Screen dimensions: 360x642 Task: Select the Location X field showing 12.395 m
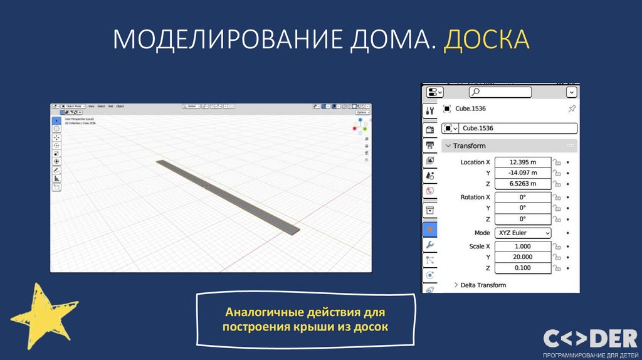click(523, 162)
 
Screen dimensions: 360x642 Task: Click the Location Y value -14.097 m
click(523, 173)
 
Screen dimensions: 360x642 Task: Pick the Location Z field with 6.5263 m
click(523, 184)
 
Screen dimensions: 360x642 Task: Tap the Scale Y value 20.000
click(523, 257)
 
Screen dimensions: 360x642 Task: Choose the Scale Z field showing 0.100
click(523, 268)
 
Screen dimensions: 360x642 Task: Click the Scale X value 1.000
click(523, 246)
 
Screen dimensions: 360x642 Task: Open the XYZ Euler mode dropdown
click(523, 233)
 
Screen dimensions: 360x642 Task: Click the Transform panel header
click(470, 146)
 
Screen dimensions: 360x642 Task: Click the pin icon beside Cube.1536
click(571, 109)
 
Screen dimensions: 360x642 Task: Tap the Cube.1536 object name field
click(518, 128)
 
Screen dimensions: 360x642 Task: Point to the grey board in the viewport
click(228, 197)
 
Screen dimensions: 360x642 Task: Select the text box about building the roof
click(307, 319)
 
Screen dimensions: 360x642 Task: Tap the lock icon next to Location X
click(556, 162)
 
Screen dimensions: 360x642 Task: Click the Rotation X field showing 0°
click(523, 197)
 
